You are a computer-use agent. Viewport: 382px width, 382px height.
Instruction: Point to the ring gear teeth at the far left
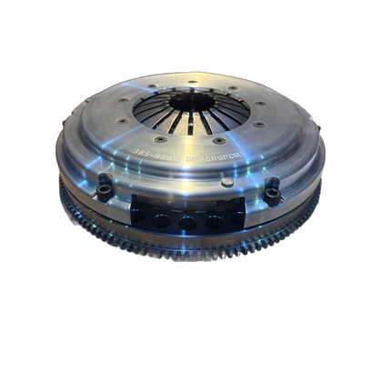click(x=65, y=196)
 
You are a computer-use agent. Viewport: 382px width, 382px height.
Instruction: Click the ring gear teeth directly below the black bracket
click(x=186, y=261)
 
